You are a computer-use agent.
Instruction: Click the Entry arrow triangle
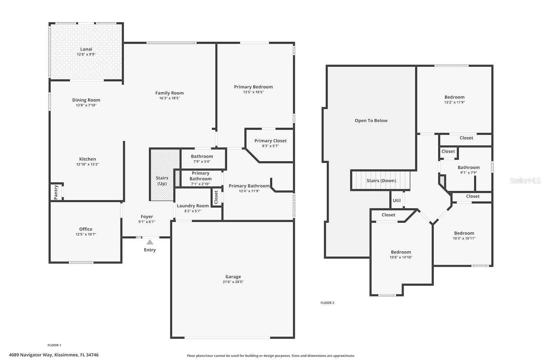pyautogui.click(x=150, y=242)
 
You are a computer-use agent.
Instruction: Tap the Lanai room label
pyautogui.click(x=86, y=49)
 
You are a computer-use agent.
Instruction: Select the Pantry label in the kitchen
pyautogui.click(x=56, y=192)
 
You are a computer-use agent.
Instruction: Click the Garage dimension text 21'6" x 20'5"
pyautogui.click(x=233, y=282)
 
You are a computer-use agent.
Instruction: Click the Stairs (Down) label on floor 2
pyautogui.click(x=381, y=181)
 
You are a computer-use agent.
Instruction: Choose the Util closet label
pyautogui.click(x=396, y=200)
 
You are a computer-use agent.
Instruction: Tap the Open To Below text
pyautogui.click(x=371, y=120)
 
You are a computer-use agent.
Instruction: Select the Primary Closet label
pyautogui.click(x=270, y=141)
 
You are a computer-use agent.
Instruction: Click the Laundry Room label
pyautogui.click(x=193, y=206)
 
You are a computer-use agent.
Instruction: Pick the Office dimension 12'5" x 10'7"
pyautogui.click(x=86, y=234)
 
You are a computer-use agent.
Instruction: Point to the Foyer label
pyautogui.click(x=147, y=217)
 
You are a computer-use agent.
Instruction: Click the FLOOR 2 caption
pyautogui.click(x=327, y=303)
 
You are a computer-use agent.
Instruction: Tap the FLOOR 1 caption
pyautogui.click(x=54, y=345)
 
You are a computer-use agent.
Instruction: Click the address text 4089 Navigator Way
pyautogui.click(x=54, y=355)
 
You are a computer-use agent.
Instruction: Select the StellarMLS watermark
pyautogui.click(x=525, y=181)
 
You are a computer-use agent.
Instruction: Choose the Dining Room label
pyautogui.click(x=86, y=100)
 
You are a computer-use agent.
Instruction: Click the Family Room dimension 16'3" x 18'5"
pyautogui.click(x=169, y=98)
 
